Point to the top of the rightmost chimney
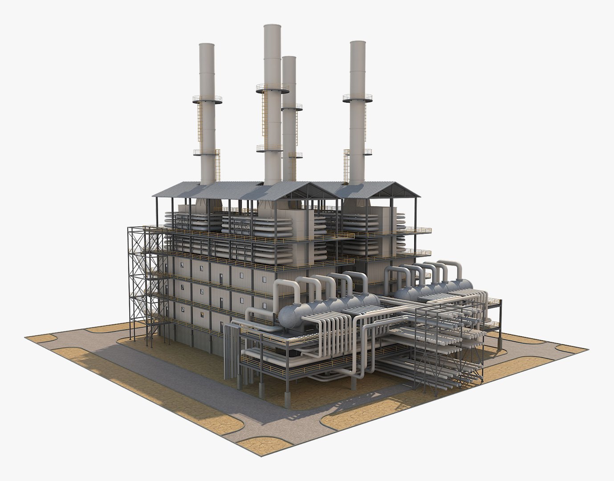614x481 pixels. coord(358,43)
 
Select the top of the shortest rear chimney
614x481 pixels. coord(289,58)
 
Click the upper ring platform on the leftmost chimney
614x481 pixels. coord(207,99)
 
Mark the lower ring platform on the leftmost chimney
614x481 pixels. coord(207,153)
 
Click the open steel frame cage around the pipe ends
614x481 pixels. coord(450,347)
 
